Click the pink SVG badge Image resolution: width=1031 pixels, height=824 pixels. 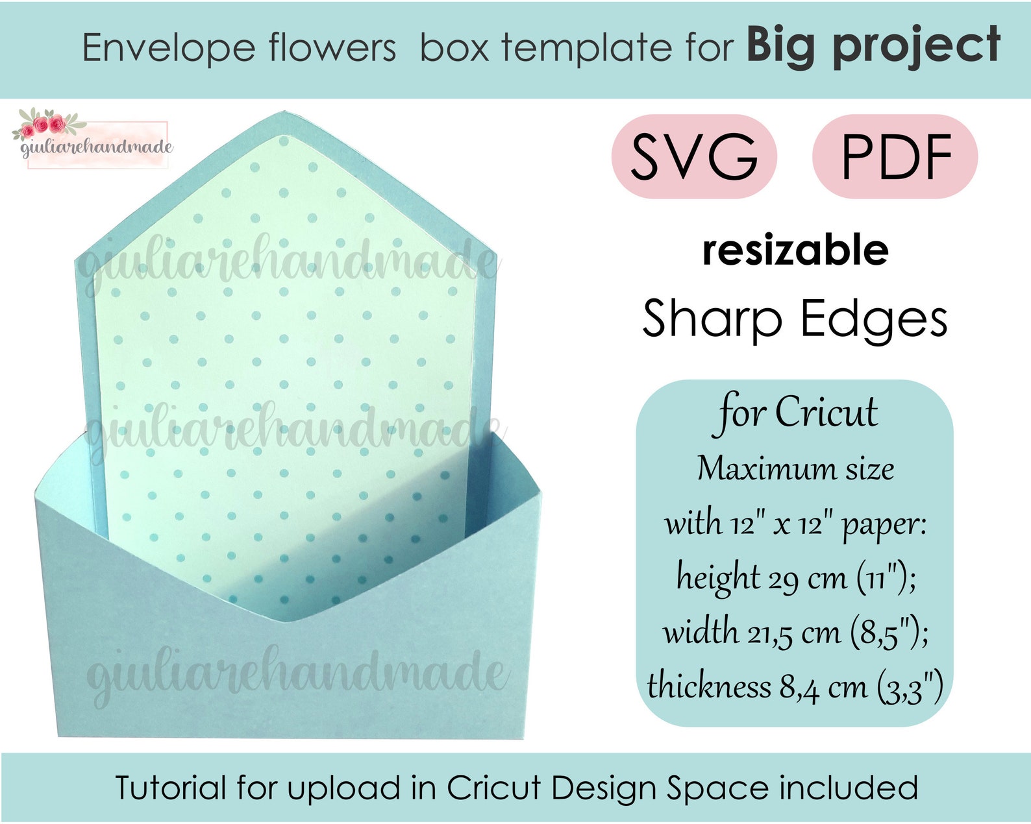click(694, 156)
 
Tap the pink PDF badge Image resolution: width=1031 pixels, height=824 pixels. click(895, 156)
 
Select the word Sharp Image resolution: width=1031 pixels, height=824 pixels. click(712, 319)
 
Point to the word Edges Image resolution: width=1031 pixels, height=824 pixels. click(873, 319)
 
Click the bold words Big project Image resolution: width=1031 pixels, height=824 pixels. click(873, 45)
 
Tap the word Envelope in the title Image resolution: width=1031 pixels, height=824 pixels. click(169, 48)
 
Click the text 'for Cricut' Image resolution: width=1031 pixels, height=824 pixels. click(797, 413)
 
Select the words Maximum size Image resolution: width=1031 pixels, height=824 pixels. click(795, 468)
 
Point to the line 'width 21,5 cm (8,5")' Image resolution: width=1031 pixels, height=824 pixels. click(795, 632)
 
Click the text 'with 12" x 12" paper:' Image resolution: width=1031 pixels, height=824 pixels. click(796, 523)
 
